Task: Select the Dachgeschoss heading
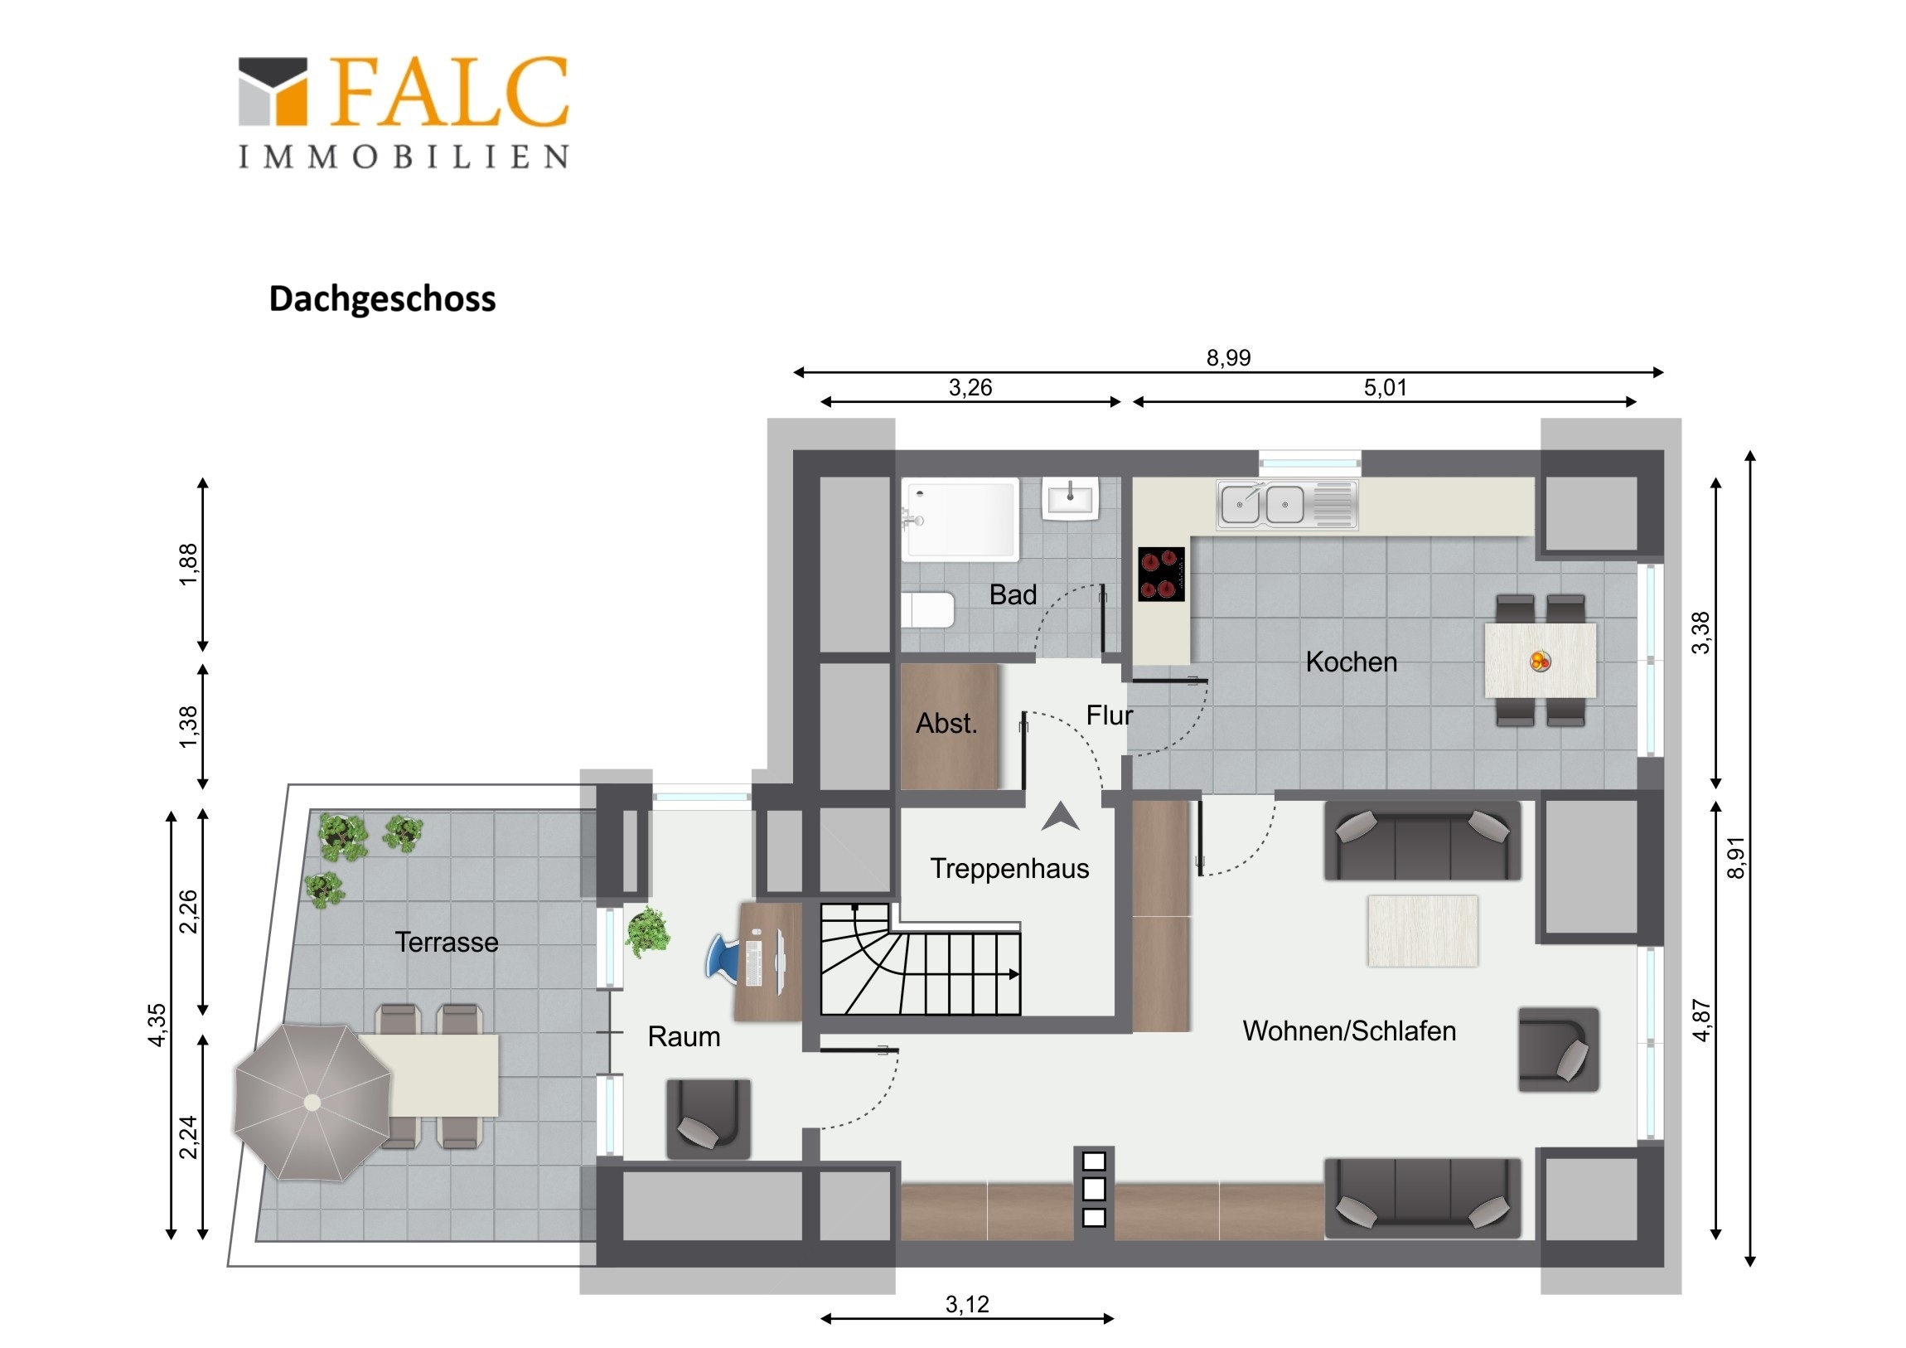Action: [x=382, y=299]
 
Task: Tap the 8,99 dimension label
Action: [x=1229, y=357]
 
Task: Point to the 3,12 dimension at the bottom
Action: [x=968, y=1304]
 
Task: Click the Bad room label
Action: [x=1013, y=594]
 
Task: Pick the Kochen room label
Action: [x=1352, y=662]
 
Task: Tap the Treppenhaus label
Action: [x=1009, y=869]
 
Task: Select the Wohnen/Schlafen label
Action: [x=1349, y=1030]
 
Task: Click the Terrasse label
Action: [x=447, y=942]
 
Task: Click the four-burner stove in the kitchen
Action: [x=1161, y=574]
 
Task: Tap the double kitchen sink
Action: [x=1287, y=504]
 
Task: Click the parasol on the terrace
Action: [x=312, y=1102]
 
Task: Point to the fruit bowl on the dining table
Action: [x=1541, y=661]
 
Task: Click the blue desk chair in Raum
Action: [x=723, y=959]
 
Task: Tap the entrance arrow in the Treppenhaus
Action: [x=1060, y=817]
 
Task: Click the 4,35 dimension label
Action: [x=157, y=1025]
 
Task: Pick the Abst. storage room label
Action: [x=946, y=724]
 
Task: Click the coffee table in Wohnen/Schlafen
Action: [x=1423, y=930]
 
